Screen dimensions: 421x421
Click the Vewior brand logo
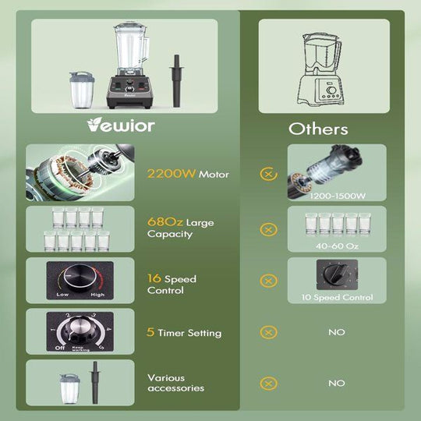pyautogui.click(x=122, y=125)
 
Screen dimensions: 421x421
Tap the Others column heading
pyautogui.click(x=318, y=129)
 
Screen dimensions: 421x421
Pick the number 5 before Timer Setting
pyautogui.click(x=150, y=333)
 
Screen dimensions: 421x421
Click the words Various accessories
pyautogui.click(x=175, y=383)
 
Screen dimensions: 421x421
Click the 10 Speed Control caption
pyautogui.click(x=337, y=297)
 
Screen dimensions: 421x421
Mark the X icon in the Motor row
pyautogui.click(x=268, y=175)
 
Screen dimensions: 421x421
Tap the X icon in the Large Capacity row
pyautogui.click(x=268, y=229)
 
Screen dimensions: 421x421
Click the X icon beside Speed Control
pyautogui.click(x=268, y=281)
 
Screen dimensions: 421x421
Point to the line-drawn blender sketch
pyautogui.click(x=324, y=69)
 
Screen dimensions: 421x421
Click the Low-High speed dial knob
pyautogui.click(x=76, y=277)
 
